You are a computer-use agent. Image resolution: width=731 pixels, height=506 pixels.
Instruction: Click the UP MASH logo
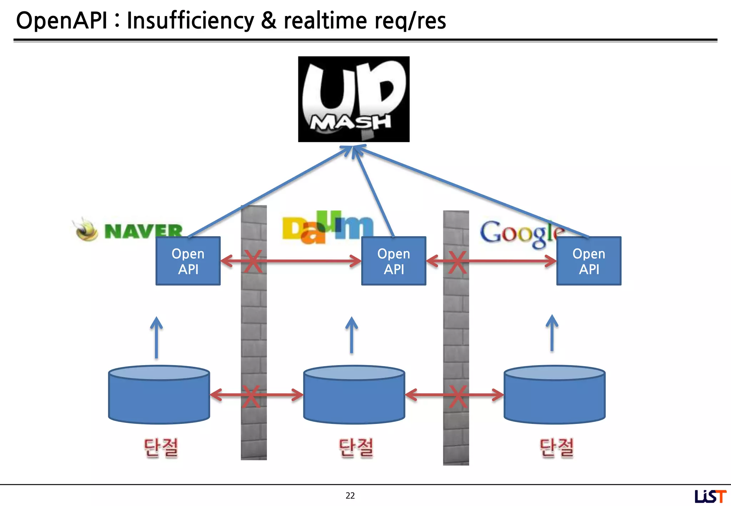tap(354, 99)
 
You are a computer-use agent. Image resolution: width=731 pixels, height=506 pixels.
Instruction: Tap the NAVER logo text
tap(143, 231)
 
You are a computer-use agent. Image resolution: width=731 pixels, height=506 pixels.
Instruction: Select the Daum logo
tap(327, 228)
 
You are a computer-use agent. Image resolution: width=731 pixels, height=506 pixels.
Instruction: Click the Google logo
tap(521, 233)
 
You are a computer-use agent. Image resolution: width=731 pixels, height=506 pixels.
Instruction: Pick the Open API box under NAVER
tap(188, 261)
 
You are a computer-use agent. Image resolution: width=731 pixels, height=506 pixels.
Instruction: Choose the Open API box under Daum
tap(394, 261)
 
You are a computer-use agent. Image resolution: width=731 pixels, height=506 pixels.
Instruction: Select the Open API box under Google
tap(589, 261)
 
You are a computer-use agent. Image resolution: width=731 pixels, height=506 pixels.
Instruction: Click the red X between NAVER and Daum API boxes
tap(253, 261)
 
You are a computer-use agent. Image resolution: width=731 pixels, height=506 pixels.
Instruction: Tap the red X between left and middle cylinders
tap(251, 396)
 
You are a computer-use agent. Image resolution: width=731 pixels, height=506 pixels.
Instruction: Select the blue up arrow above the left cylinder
tap(156, 337)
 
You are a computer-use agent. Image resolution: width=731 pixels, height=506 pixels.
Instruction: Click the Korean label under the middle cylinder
tap(356, 448)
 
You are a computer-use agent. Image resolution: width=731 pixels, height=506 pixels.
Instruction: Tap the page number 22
tap(350, 495)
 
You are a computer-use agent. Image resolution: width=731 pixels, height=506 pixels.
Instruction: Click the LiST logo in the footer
tap(710, 496)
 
